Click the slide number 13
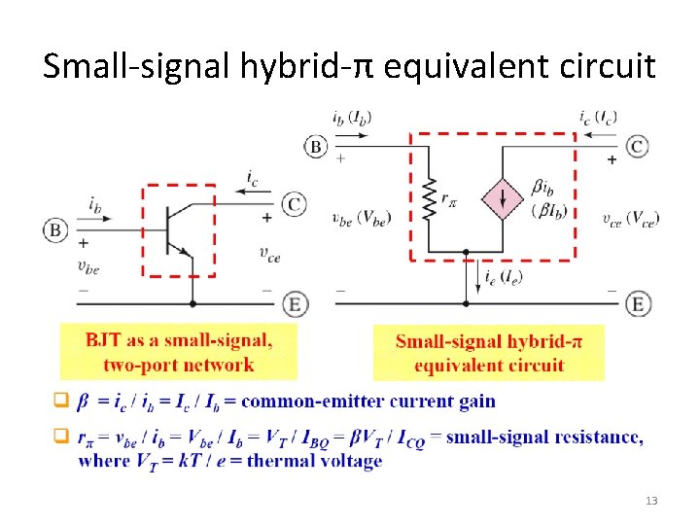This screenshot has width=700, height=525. coord(651,501)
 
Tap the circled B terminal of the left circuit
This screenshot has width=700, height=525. coord(54,230)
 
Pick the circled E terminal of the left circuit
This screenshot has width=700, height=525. coord(295,303)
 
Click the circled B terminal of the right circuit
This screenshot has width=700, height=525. coord(316,146)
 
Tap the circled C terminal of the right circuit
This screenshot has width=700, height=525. coord(637,146)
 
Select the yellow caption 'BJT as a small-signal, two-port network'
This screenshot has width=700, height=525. coord(178,352)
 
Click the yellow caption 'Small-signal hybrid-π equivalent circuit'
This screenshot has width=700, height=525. coord(488,353)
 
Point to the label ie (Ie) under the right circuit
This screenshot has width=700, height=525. coord(503,278)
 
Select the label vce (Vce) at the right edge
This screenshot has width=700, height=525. coord(630,220)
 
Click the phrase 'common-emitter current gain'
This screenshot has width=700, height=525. coord(367,401)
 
